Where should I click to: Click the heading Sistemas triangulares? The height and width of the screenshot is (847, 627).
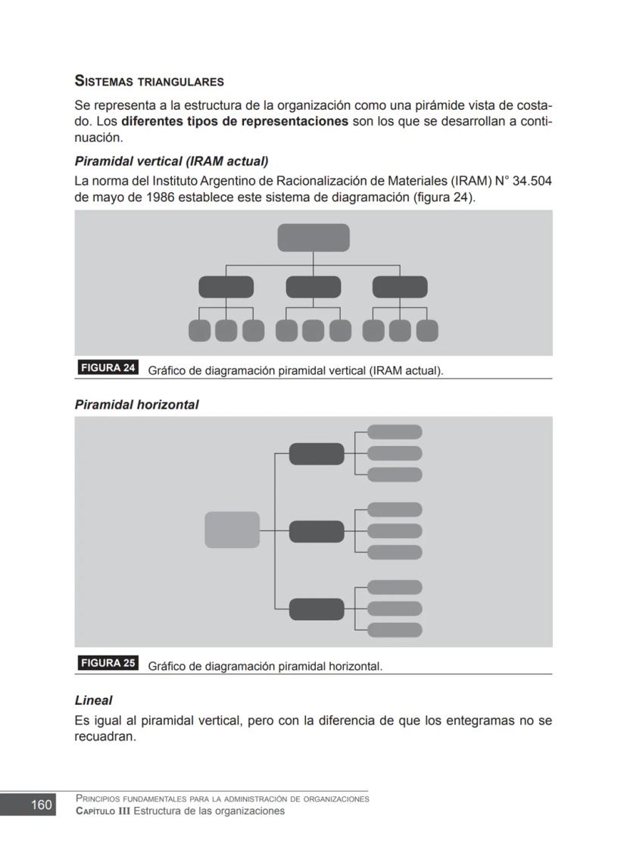[x=149, y=81]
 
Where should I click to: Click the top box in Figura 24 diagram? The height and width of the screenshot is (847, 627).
[x=313, y=238]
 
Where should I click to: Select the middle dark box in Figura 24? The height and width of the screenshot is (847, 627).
[x=313, y=288]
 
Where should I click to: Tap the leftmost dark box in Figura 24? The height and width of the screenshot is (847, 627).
[x=226, y=288]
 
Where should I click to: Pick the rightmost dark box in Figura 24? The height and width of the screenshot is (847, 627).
[x=400, y=288]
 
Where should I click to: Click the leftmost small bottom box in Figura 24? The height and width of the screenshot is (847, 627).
[x=199, y=331]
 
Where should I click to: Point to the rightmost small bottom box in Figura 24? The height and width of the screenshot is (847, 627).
[x=427, y=331]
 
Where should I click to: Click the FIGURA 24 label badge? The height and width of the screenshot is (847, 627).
[x=108, y=369]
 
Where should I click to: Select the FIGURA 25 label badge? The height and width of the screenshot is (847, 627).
[x=108, y=664]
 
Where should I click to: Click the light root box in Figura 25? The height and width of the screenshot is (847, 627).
[x=232, y=530]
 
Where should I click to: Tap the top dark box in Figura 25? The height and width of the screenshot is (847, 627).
[x=317, y=454]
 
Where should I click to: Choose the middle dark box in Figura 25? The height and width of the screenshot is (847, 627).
[x=317, y=531]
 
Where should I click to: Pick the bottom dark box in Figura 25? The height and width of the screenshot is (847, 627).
[x=317, y=609]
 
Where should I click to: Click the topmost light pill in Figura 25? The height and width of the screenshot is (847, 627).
[x=395, y=432]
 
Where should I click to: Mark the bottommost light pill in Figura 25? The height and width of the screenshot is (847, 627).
[x=395, y=630]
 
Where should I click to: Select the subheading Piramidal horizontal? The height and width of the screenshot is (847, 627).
[x=136, y=405]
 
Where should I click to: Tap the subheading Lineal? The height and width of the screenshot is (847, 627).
[x=93, y=701]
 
